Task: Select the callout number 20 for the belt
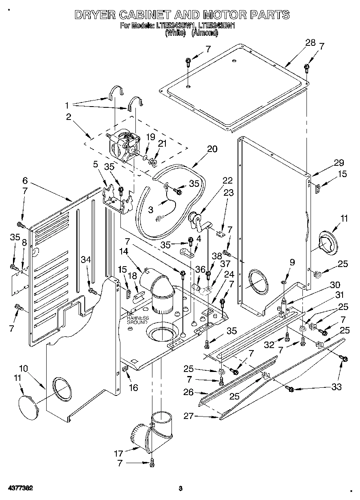212,149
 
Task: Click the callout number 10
24,368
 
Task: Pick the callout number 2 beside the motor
69,117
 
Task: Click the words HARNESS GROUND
137,320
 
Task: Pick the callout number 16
133,388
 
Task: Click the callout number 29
339,163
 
